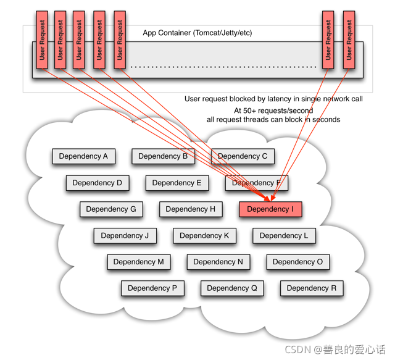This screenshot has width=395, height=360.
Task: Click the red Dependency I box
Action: pyautogui.click(x=270, y=209)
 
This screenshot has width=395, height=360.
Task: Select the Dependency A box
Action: pyautogui.click(x=83, y=156)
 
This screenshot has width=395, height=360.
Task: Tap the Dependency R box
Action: pyautogui.click(x=312, y=288)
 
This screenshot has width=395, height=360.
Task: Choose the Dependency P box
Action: pyautogui.click(x=152, y=288)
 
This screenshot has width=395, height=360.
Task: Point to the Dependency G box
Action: pyautogui.click(x=111, y=209)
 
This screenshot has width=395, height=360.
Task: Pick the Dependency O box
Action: pyautogui.click(x=297, y=262)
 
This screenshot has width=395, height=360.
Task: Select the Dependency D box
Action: pyautogui.click(x=98, y=183)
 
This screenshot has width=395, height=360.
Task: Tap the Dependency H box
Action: pyautogui.click(x=191, y=209)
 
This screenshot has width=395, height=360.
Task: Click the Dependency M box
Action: pyautogui.click(x=139, y=262)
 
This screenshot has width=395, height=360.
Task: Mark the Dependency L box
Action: pyautogui.click(x=284, y=236)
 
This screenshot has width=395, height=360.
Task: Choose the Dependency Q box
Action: pyautogui.click(x=232, y=288)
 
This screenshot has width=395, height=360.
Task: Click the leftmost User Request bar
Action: pyautogui.click(x=42, y=40)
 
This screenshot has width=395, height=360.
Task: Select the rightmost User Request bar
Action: pyautogui.click(x=349, y=40)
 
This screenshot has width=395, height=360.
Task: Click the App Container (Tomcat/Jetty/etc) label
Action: pyautogui.click(x=197, y=33)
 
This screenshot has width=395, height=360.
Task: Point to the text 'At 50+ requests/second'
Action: pyautogui.click(x=273, y=111)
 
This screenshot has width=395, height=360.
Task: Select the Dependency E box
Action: pyautogui.click(x=177, y=183)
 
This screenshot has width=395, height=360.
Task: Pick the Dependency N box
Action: pyautogui.click(x=218, y=262)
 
